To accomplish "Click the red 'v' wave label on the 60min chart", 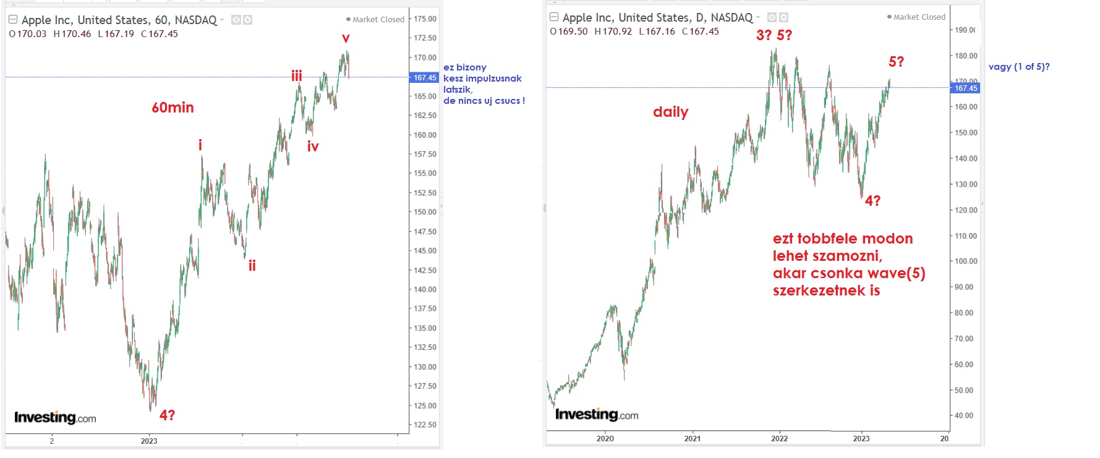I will (x=346, y=39).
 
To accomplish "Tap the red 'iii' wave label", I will (x=297, y=76).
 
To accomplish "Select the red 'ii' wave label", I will (x=252, y=266).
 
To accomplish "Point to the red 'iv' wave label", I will (x=313, y=147).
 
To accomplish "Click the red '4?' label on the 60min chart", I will (x=167, y=415).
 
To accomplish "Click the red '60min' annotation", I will (x=173, y=108).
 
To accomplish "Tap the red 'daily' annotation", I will (x=670, y=112).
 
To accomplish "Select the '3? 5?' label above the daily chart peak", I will (x=774, y=35).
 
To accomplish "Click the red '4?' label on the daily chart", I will (x=872, y=201).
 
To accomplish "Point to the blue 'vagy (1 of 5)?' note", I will (x=1018, y=67).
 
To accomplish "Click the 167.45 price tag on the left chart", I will (x=425, y=78).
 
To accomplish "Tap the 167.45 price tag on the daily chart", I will (x=965, y=88).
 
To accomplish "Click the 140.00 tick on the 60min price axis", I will (x=425, y=289).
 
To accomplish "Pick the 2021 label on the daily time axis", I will (x=693, y=439).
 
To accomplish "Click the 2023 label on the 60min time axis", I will (x=149, y=441).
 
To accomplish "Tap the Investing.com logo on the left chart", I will (x=55, y=418).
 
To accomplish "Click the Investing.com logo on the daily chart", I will (x=596, y=415).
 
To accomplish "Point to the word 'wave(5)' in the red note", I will (x=896, y=273).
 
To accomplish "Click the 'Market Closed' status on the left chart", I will (x=378, y=20).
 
